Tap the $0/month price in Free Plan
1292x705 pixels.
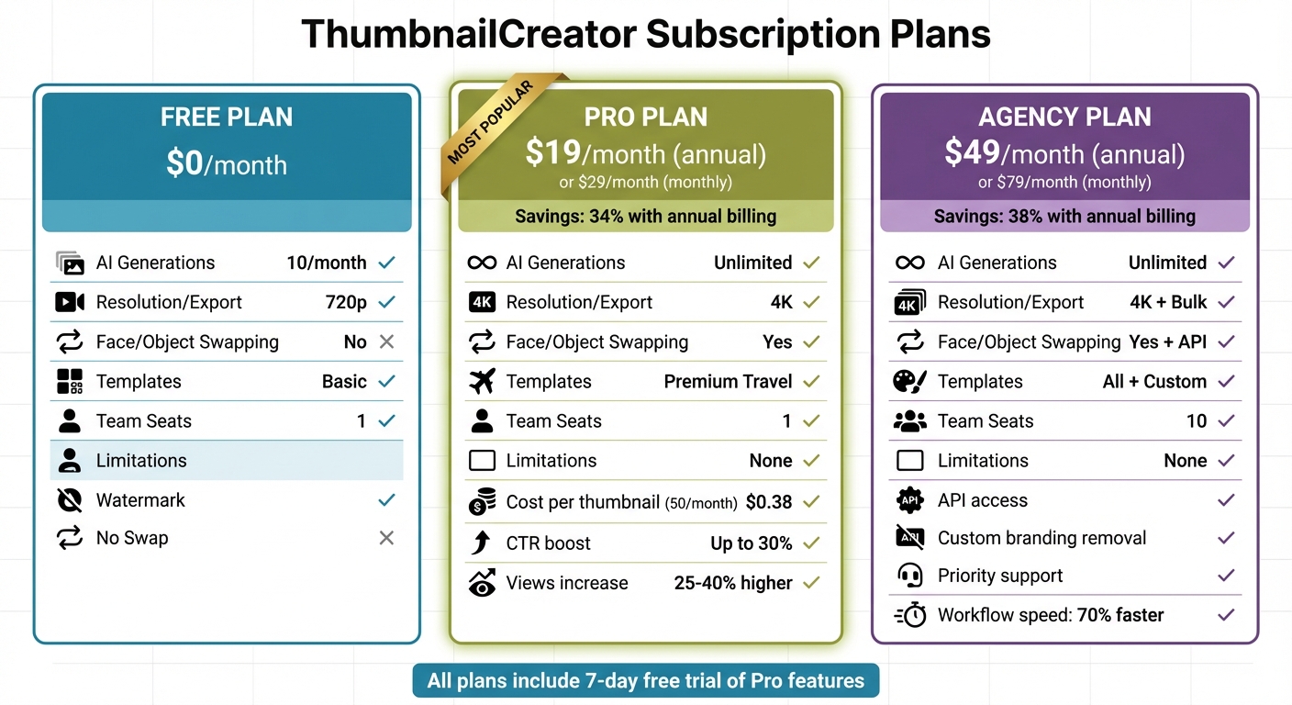pyautogui.click(x=227, y=163)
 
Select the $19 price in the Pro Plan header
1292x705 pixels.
pyautogui.click(x=546, y=152)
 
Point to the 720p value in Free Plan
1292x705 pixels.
pyautogui.click(x=347, y=302)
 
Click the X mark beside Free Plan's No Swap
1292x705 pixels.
pyautogui.click(x=386, y=538)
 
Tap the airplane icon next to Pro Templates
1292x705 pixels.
pyautogui.click(x=482, y=381)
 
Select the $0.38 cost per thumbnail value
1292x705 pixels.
pyautogui.click(x=769, y=502)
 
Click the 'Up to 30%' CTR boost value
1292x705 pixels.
pyautogui.click(x=751, y=543)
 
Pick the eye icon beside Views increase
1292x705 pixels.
pyautogui.click(x=482, y=583)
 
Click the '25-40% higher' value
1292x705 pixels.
pyautogui.click(x=733, y=583)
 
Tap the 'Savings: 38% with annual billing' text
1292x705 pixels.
pyautogui.click(x=1064, y=217)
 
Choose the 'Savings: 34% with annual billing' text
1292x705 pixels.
pyautogui.click(x=645, y=217)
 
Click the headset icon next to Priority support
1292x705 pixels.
pyautogui.click(x=909, y=576)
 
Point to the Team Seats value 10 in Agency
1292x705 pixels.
pyautogui.click(x=1196, y=421)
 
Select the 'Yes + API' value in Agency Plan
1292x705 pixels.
pyautogui.click(x=1167, y=341)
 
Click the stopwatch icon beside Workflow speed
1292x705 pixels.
pyautogui.click(x=909, y=615)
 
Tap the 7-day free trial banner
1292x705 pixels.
pyautogui.click(x=645, y=681)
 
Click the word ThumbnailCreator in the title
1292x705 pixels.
pyautogui.click(x=468, y=35)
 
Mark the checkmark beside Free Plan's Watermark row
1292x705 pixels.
pyautogui.click(x=386, y=500)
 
